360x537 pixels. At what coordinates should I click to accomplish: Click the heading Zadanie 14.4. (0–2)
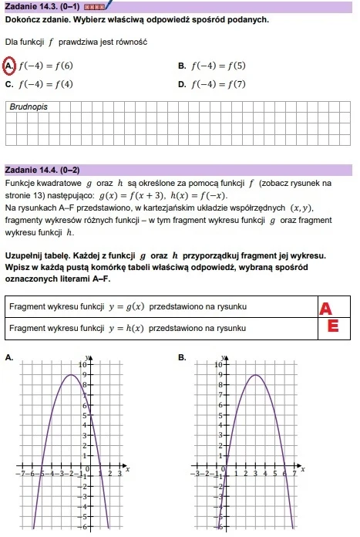point(42,170)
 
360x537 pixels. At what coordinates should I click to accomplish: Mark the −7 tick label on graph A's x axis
point(25,473)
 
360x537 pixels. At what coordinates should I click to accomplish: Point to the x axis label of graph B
point(303,468)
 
